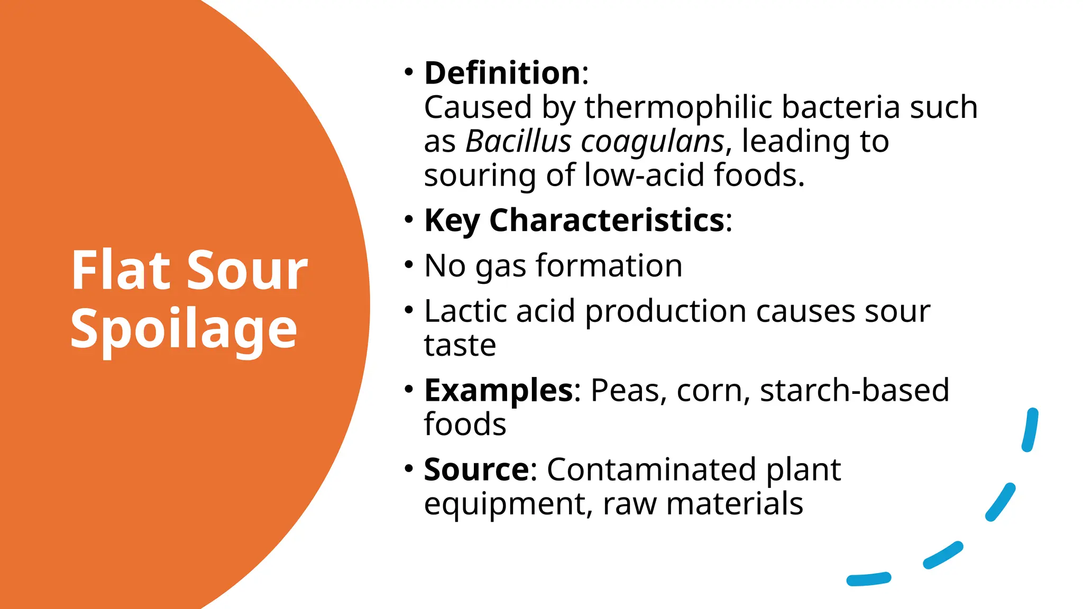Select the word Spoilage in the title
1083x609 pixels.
click(183, 329)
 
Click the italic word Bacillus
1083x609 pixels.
click(518, 142)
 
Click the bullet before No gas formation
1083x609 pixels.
click(408, 263)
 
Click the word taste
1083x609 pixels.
click(460, 346)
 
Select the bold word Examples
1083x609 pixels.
click(498, 391)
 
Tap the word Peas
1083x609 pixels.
click(625, 391)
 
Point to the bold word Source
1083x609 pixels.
click(476, 469)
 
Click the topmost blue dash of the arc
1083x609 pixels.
click(1030, 430)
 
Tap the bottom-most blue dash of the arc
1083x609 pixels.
click(869, 579)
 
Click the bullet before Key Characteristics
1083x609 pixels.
click(408, 218)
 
